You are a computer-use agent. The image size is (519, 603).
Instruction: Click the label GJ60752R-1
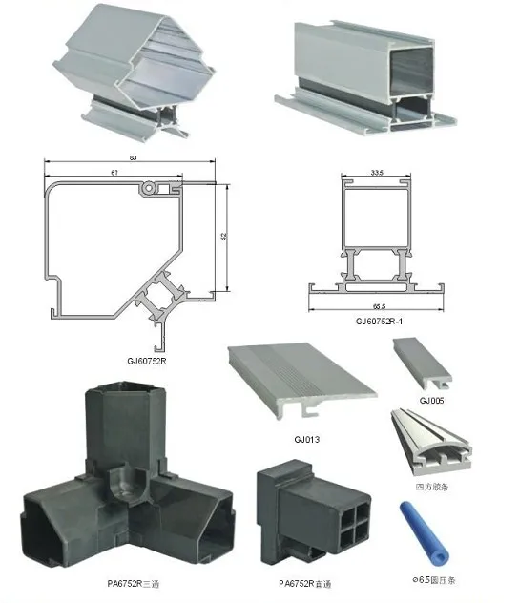pyautogui.click(x=377, y=322)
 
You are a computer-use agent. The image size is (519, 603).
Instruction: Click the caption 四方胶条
pyautogui.click(x=433, y=486)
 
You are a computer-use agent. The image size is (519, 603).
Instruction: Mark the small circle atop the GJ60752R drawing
pyautogui.click(x=150, y=190)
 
